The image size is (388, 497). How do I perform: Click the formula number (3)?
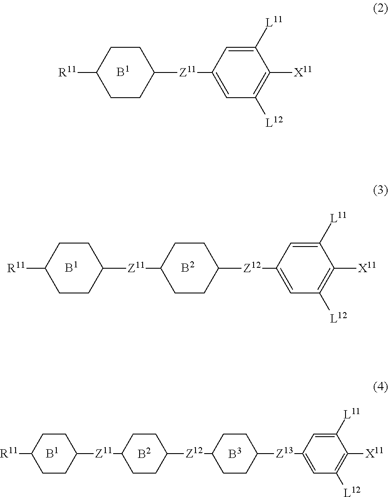380,190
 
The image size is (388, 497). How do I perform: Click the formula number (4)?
380,387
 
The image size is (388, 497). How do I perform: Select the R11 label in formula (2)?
67,72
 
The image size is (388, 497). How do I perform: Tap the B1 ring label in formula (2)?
124,72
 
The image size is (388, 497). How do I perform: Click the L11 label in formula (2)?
274,22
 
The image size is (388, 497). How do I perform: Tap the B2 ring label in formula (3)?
188,268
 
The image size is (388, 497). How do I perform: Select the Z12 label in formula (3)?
252,268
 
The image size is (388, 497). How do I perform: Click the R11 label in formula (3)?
16,268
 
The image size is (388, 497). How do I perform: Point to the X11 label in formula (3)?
366,268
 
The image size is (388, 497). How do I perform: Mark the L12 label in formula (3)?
338,319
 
